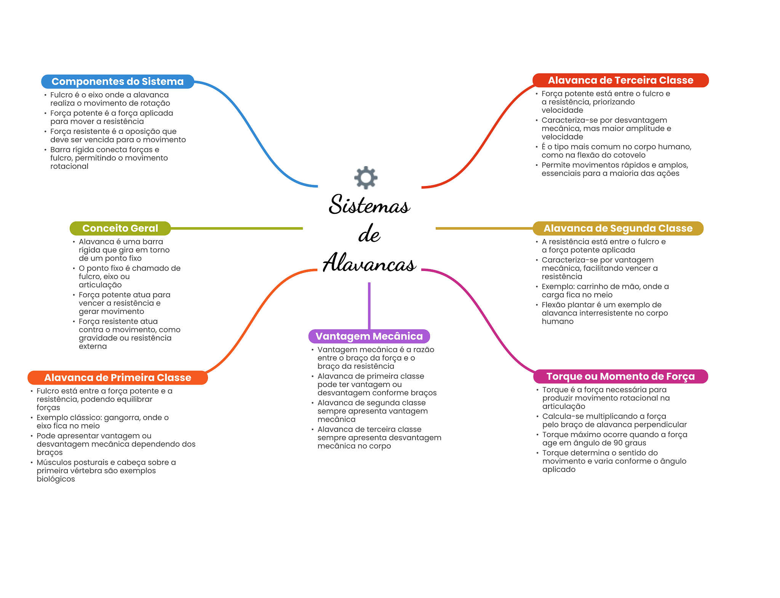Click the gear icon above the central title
tap(366, 177)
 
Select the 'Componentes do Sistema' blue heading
tap(118, 82)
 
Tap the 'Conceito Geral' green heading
tap(120, 228)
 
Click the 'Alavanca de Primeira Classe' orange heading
tap(118, 378)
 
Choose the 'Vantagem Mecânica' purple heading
tap(369, 336)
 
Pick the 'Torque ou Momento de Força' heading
tap(620, 377)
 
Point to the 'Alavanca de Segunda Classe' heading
tap(618, 228)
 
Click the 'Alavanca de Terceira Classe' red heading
tap(620, 80)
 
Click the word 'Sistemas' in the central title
tap(369, 204)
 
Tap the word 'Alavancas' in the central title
tap(369, 263)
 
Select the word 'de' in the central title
tap(369, 234)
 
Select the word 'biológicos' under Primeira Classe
tap(56, 479)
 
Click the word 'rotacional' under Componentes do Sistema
tap(69, 166)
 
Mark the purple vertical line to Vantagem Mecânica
tap(369, 306)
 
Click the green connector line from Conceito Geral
tap(237, 228)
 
